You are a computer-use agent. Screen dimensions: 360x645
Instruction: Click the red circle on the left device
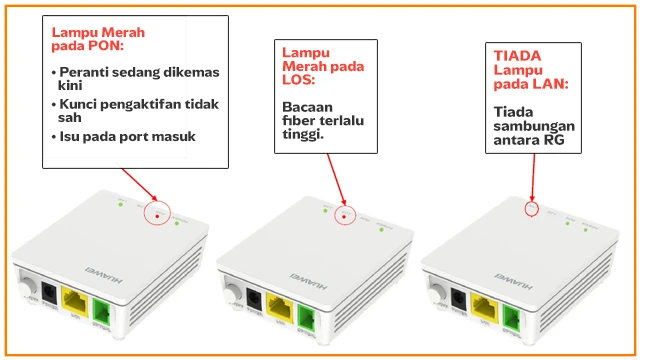pos(158,212)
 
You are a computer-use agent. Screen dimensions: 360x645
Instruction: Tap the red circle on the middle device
pos(344,215)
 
